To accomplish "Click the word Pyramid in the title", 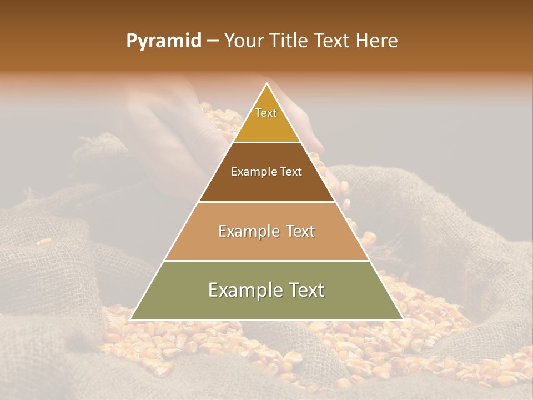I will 163,41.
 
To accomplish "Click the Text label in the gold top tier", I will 266,113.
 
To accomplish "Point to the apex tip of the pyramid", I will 266,84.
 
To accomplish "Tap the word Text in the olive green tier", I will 306,290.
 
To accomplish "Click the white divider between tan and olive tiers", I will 266,261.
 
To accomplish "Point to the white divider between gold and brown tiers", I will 266,143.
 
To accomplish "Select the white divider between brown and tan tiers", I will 266,202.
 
